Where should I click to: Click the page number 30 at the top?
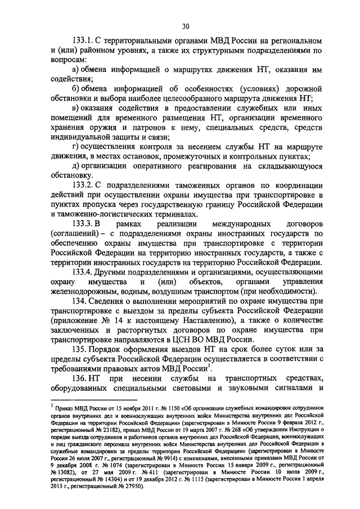[185, 25]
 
